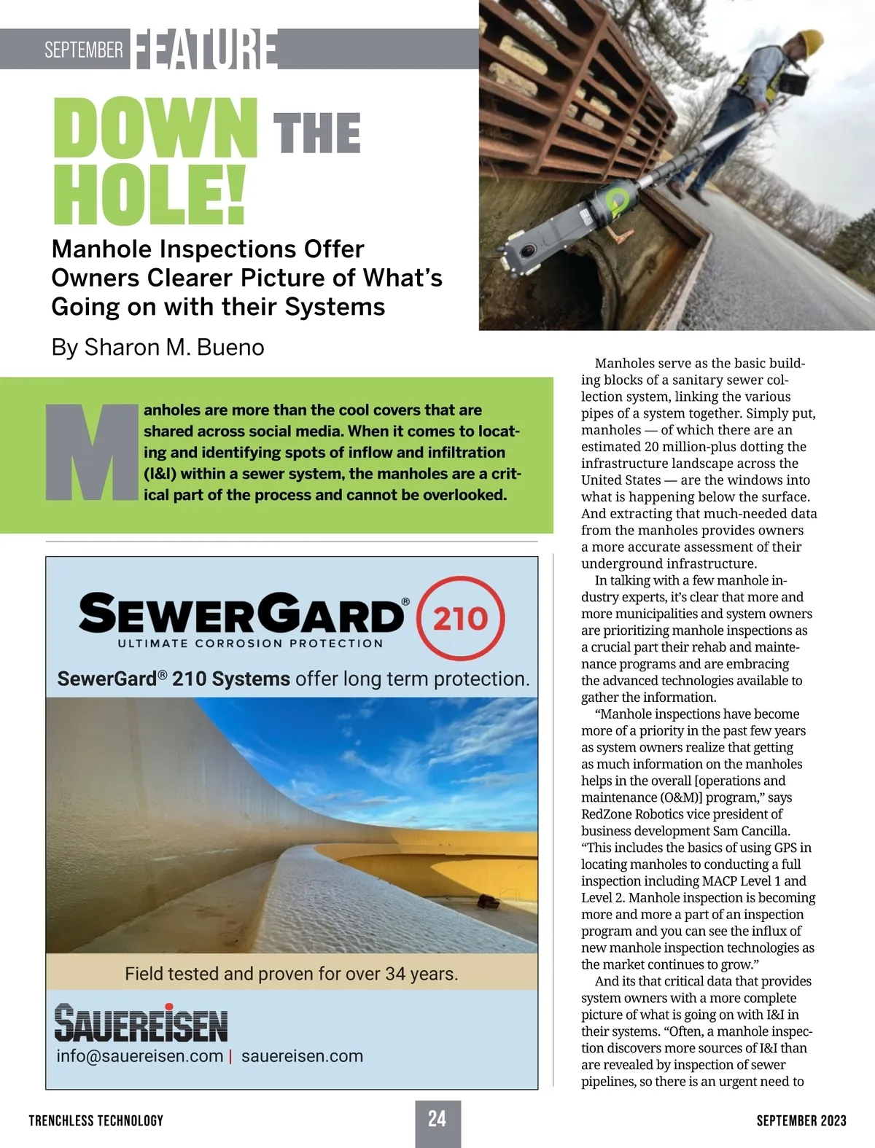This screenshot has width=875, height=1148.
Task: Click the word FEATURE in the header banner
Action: click(205, 50)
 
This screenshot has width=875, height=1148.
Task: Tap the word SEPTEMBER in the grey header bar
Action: click(83, 50)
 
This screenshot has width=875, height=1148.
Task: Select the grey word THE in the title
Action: click(316, 133)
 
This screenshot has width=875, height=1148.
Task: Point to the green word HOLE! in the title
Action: click(149, 195)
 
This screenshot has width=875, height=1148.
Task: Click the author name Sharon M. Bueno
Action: click(174, 348)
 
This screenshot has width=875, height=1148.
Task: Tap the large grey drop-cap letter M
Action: click(91, 452)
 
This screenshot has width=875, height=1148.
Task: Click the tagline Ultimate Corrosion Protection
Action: click(250, 644)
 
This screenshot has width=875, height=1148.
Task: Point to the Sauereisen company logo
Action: click(141, 1023)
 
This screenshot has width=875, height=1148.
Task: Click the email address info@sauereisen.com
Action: click(139, 1056)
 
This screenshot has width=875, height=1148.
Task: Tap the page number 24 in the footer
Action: click(437, 1119)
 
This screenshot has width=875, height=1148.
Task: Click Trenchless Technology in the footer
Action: click(96, 1120)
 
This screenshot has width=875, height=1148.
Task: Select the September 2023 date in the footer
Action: click(801, 1120)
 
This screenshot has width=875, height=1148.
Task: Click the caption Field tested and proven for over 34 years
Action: click(292, 974)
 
